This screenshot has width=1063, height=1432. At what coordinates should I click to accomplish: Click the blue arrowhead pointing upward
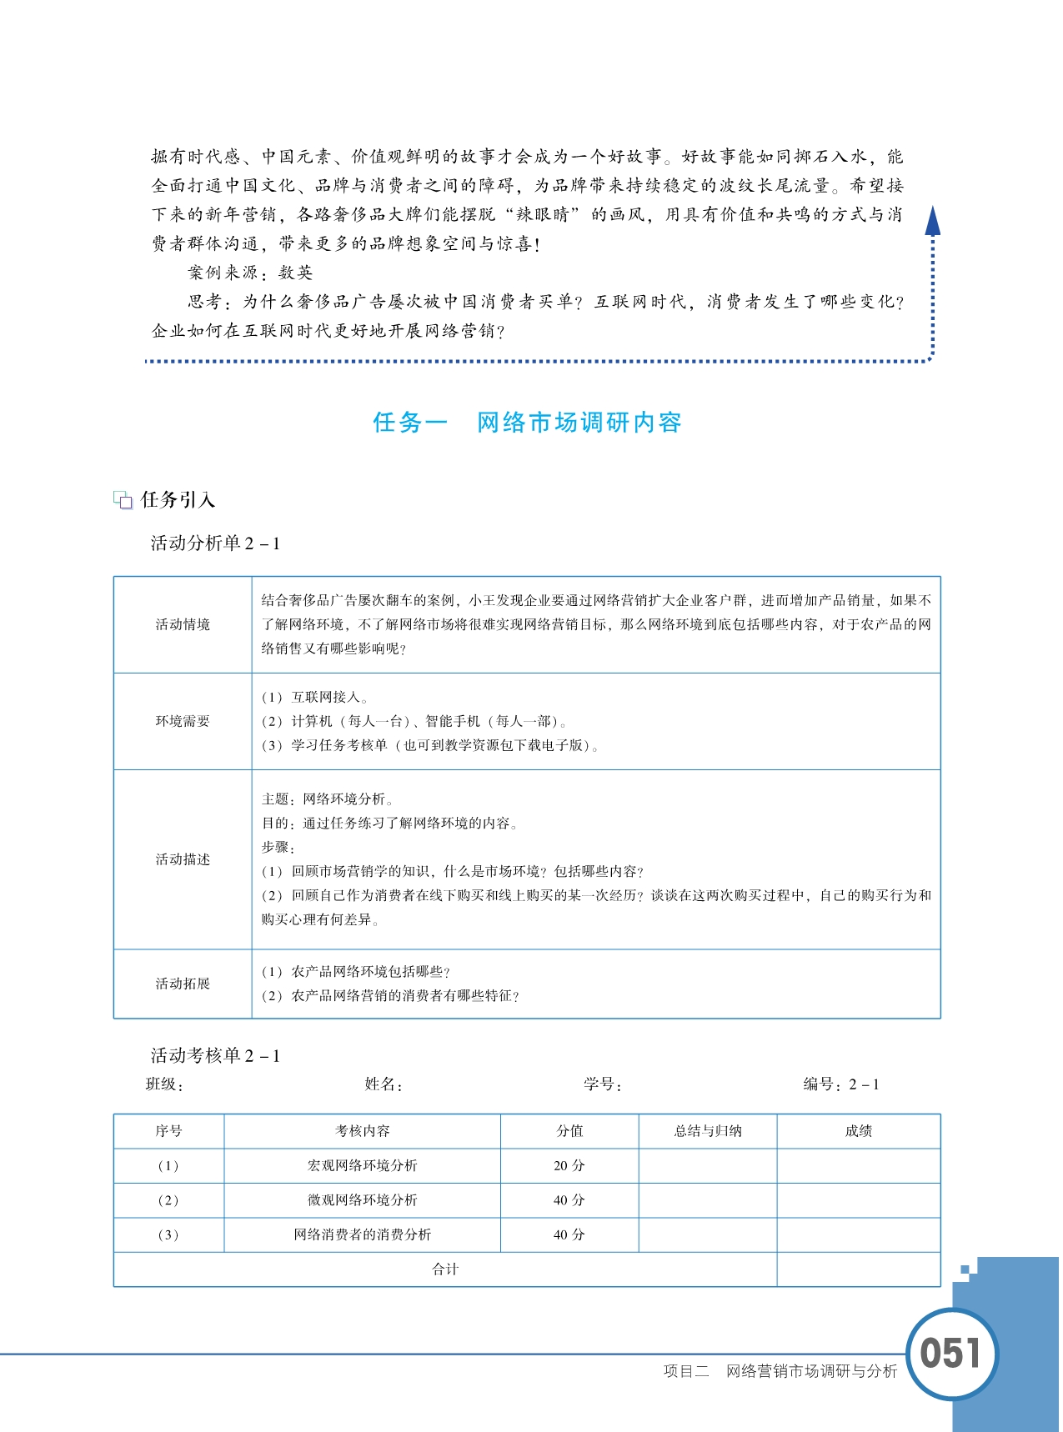[932, 222]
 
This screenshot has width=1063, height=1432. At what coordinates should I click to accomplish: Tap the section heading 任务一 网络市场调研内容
[527, 423]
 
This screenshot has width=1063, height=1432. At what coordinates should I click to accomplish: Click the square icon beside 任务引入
[123, 500]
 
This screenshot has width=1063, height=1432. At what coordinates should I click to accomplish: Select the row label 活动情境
[183, 624]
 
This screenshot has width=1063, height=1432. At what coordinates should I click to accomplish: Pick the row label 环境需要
[183, 721]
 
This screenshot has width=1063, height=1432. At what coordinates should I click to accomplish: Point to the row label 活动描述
[183, 859]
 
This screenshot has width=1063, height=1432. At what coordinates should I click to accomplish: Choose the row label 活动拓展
[183, 984]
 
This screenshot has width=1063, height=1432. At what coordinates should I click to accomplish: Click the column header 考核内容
[362, 1131]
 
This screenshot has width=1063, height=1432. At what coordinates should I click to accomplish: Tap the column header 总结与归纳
[707, 1131]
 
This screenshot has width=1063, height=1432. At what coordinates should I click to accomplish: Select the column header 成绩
[858, 1131]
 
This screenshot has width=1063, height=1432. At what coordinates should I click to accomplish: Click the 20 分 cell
[569, 1166]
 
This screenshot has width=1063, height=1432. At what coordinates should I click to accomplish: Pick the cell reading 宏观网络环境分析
[362, 1166]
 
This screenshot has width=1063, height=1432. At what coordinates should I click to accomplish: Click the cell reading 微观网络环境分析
[362, 1200]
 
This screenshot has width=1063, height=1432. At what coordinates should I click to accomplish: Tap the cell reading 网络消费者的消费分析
[362, 1234]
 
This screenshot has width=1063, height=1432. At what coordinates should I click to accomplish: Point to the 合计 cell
[445, 1269]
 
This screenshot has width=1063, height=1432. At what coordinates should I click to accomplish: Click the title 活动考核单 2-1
[215, 1056]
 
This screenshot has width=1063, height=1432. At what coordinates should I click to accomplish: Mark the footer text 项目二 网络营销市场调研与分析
[780, 1371]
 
